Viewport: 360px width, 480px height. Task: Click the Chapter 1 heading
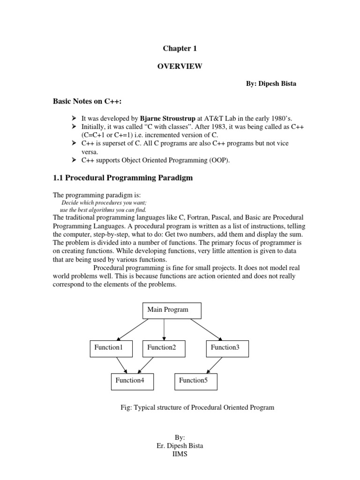click(177, 49)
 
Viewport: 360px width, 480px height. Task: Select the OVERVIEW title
click(180, 67)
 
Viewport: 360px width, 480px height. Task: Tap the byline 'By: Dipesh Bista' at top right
click(271, 83)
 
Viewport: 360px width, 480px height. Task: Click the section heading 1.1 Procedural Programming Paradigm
click(122, 178)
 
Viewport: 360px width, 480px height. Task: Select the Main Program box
click(171, 310)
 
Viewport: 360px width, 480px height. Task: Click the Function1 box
click(111, 348)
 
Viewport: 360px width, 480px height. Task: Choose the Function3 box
click(227, 348)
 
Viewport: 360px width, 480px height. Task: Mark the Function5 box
click(196, 381)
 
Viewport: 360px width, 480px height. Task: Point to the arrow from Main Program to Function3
click(206, 329)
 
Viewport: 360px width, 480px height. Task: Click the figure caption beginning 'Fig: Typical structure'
click(197, 407)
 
